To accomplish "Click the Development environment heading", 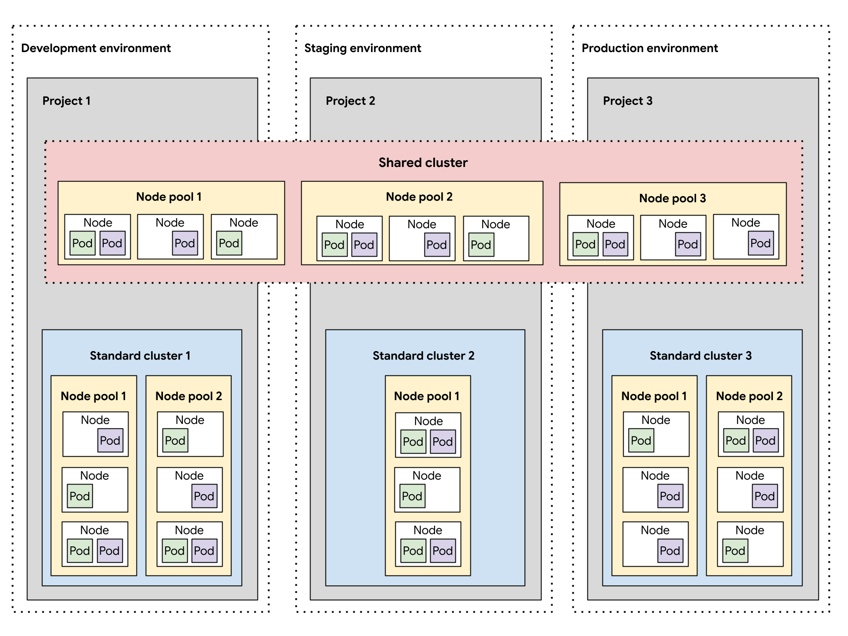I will [x=96, y=48].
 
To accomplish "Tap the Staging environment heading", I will [x=363, y=48].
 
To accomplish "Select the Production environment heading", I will [x=650, y=48].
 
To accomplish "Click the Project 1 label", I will [x=66, y=101].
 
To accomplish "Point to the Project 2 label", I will [x=350, y=101].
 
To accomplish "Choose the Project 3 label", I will [x=628, y=101].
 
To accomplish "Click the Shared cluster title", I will [x=423, y=163].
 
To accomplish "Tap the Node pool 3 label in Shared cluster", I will [x=672, y=198].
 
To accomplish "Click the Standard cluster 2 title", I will [x=423, y=356].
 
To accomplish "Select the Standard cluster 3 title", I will [x=700, y=356].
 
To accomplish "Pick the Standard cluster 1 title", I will [x=140, y=356].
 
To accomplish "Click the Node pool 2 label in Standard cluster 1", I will [x=189, y=396].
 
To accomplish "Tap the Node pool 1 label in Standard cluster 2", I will [x=427, y=396].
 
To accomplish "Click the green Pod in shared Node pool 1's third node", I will [x=229, y=243].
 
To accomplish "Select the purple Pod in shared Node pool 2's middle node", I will [x=437, y=245].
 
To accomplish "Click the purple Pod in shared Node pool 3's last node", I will [x=761, y=243].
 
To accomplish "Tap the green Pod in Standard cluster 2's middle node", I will [x=412, y=496].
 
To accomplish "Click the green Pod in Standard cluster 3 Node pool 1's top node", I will [x=641, y=441].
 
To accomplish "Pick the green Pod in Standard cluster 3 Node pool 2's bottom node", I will [x=735, y=551].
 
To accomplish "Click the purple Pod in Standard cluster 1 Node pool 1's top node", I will [x=110, y=441].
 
